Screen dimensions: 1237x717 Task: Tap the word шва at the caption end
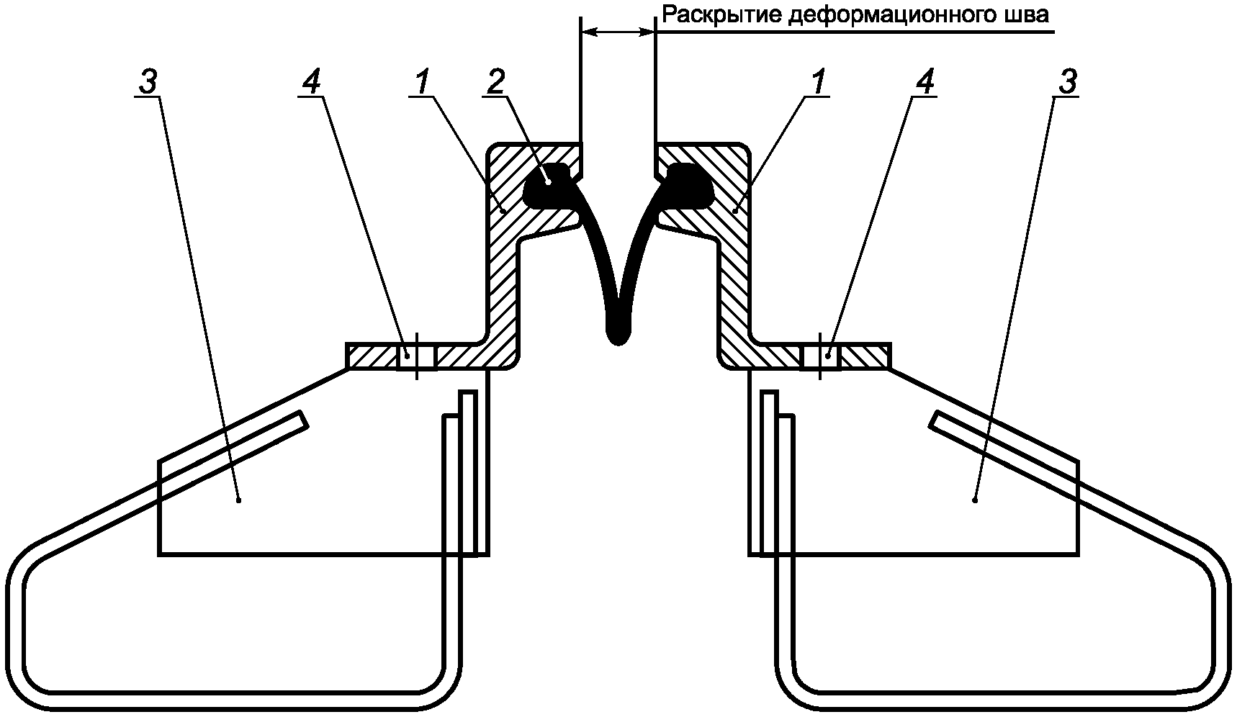(1025, 15)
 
